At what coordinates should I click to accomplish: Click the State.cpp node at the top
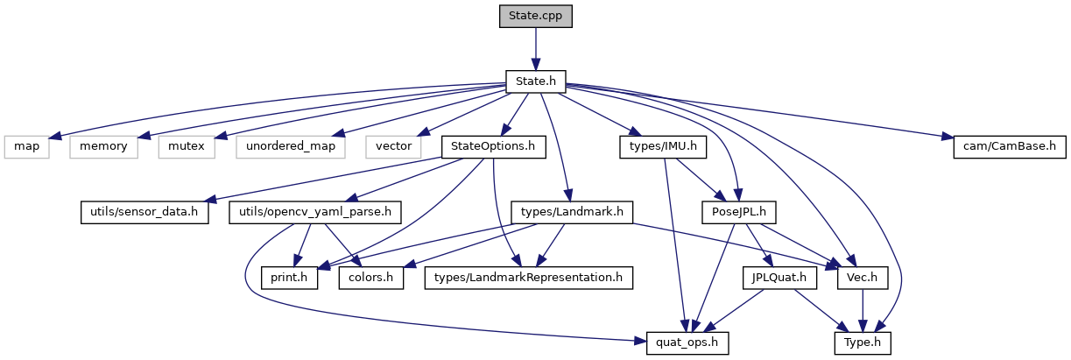(x=535, y=16)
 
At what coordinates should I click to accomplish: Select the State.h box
(x=535, y=81)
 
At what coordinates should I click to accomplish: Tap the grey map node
(x=26, y=146)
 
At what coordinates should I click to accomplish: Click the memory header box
(x=104, y=146)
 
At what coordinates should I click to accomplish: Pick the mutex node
(x=187, y=146)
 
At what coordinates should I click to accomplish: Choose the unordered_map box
(x=289, y=146)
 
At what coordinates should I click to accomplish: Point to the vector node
(x=393, y=146)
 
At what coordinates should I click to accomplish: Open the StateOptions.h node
(x=493, y=146)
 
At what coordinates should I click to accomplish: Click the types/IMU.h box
(x=663, y=146)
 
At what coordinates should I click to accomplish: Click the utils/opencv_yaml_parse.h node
(x=314, y=211)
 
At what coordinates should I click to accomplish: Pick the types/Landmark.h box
(x=571, y=211)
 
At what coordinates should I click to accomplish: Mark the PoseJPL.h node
(x=737, y=211)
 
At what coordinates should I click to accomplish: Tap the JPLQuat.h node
(x=779, y=277)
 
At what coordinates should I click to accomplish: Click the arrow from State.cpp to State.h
(x=535, y=48)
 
